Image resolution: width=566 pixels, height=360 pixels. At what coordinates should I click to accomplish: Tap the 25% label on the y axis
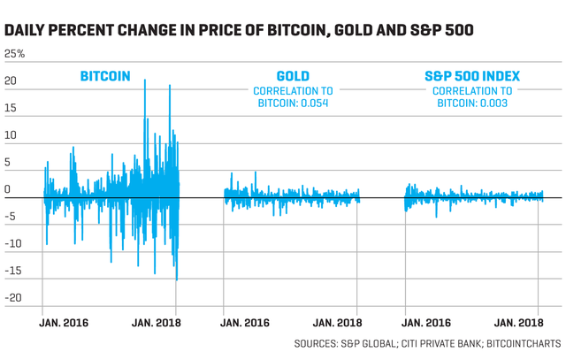15,54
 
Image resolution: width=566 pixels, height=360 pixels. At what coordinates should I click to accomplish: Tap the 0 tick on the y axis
7,189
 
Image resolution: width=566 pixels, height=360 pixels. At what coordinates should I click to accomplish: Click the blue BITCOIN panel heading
105,76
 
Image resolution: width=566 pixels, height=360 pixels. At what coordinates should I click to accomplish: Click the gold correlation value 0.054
311,103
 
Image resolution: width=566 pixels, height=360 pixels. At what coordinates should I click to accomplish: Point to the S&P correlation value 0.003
493,103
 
